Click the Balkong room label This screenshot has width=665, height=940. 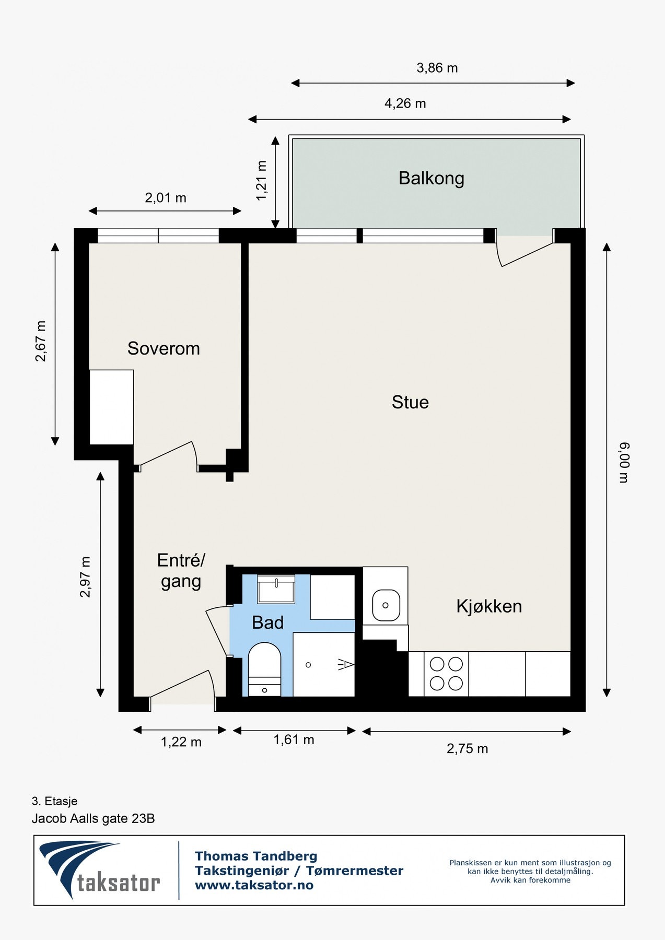click(x=431, y=179)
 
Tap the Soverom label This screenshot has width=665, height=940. click(x=164, y=348)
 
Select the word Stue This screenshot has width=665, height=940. click(x=410, y=402)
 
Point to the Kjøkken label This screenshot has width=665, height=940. click(x=489, y=606)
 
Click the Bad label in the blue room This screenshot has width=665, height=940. click(x=267, y=622)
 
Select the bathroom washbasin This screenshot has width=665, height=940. click(x=276, y=589)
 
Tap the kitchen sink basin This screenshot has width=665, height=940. click(x=386, y=605)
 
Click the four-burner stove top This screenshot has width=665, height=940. click(x=446, y=674)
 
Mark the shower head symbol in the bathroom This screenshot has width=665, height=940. click(x=346, y=664)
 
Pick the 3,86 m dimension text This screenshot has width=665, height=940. click(x=437, y=68)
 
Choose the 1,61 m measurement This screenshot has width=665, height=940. click(x=294, y=740)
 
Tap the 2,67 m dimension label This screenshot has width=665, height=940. click(x=41, y=341)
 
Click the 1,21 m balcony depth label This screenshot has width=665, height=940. click(x=262, y=180)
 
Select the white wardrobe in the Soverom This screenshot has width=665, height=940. click(x=111, y=407)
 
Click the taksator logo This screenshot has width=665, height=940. click(x=99, y=870)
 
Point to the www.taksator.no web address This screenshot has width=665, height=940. click(x=254, y=885)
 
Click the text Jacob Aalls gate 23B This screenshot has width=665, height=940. click(x=93, y=818)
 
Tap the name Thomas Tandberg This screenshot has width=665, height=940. click(x=256, y=856)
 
